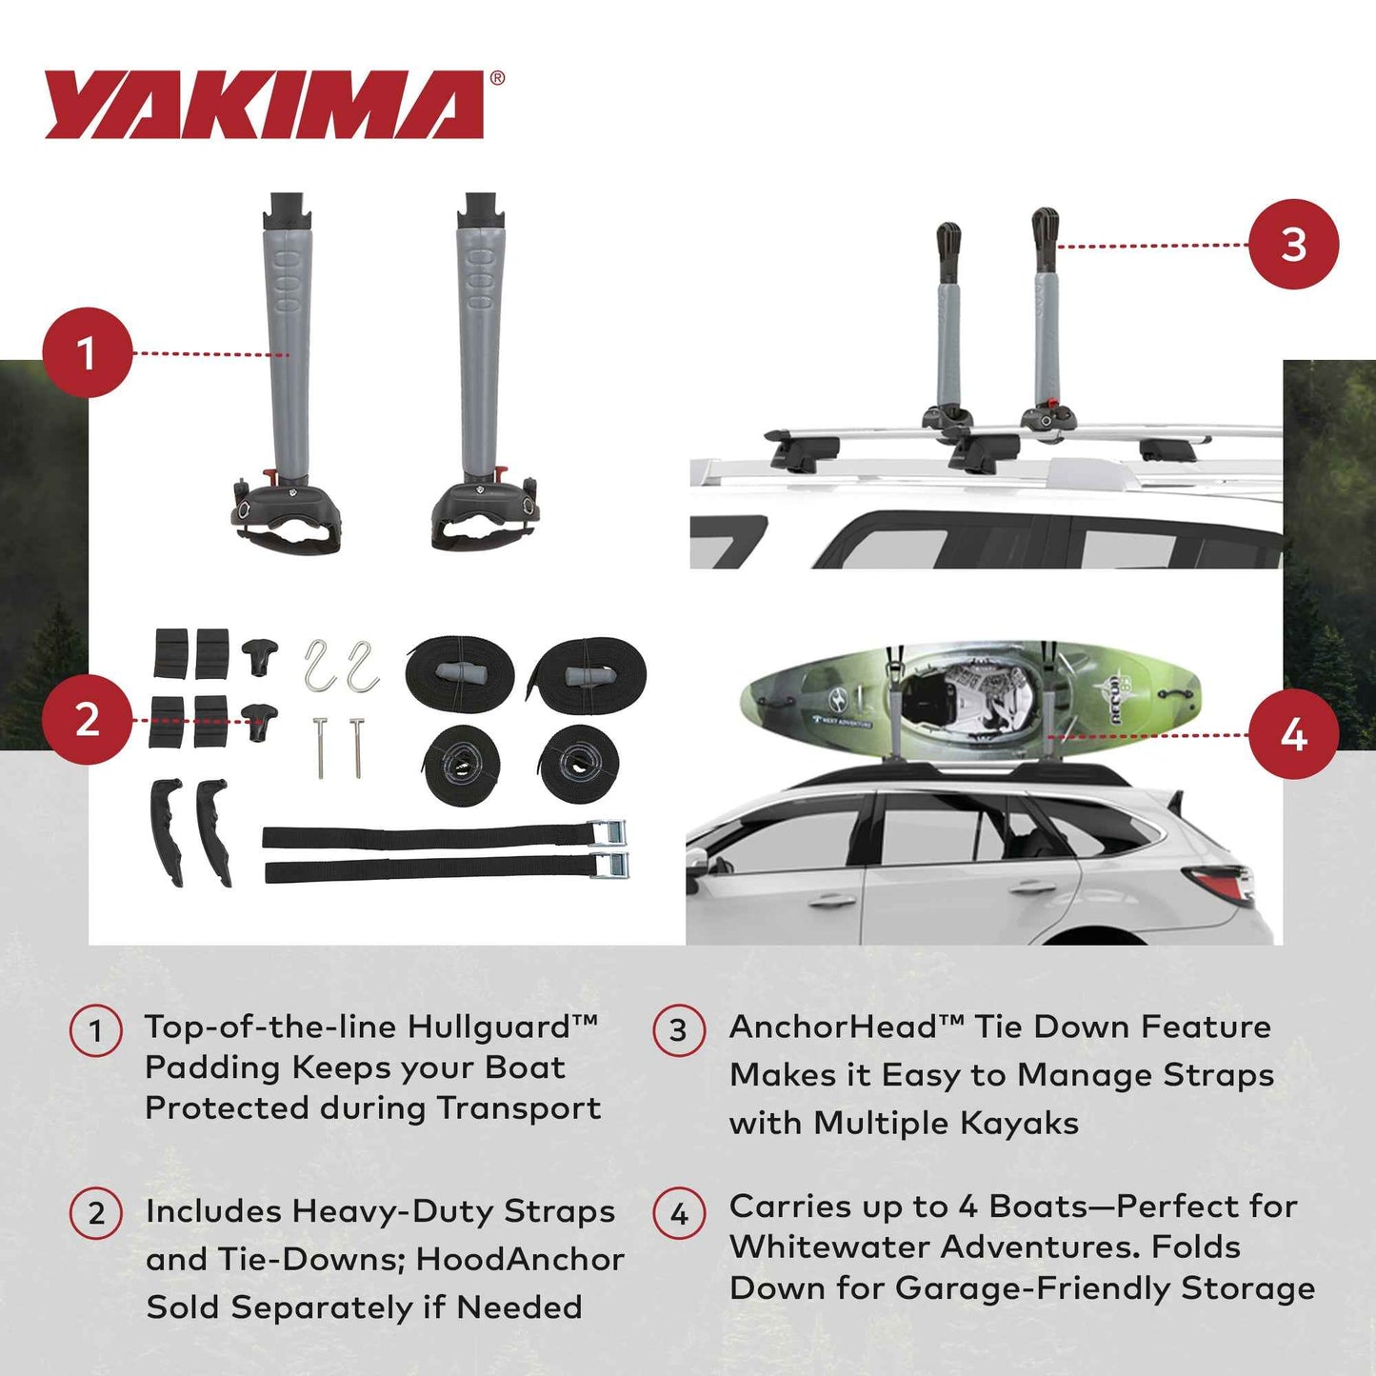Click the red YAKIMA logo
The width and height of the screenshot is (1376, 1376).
coord(265,105)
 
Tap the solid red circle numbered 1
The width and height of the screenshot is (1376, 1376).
coord(87,352)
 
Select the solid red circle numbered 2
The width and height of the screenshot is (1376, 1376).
coord(87,719)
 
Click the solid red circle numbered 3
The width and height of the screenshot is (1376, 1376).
coord(1293,244)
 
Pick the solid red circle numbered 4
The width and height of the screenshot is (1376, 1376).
coord(1293,734)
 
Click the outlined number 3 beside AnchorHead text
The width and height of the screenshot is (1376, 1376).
coord(678,1030)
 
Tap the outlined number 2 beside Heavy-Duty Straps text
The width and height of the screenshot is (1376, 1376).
coord(95,1213)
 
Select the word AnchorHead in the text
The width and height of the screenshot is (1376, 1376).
coord(833,1027)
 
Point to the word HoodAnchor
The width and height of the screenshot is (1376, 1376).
coord(520,1259)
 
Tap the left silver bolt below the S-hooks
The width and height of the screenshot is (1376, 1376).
coord(319,748)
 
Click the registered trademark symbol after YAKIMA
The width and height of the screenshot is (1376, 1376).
coord(497,79)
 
